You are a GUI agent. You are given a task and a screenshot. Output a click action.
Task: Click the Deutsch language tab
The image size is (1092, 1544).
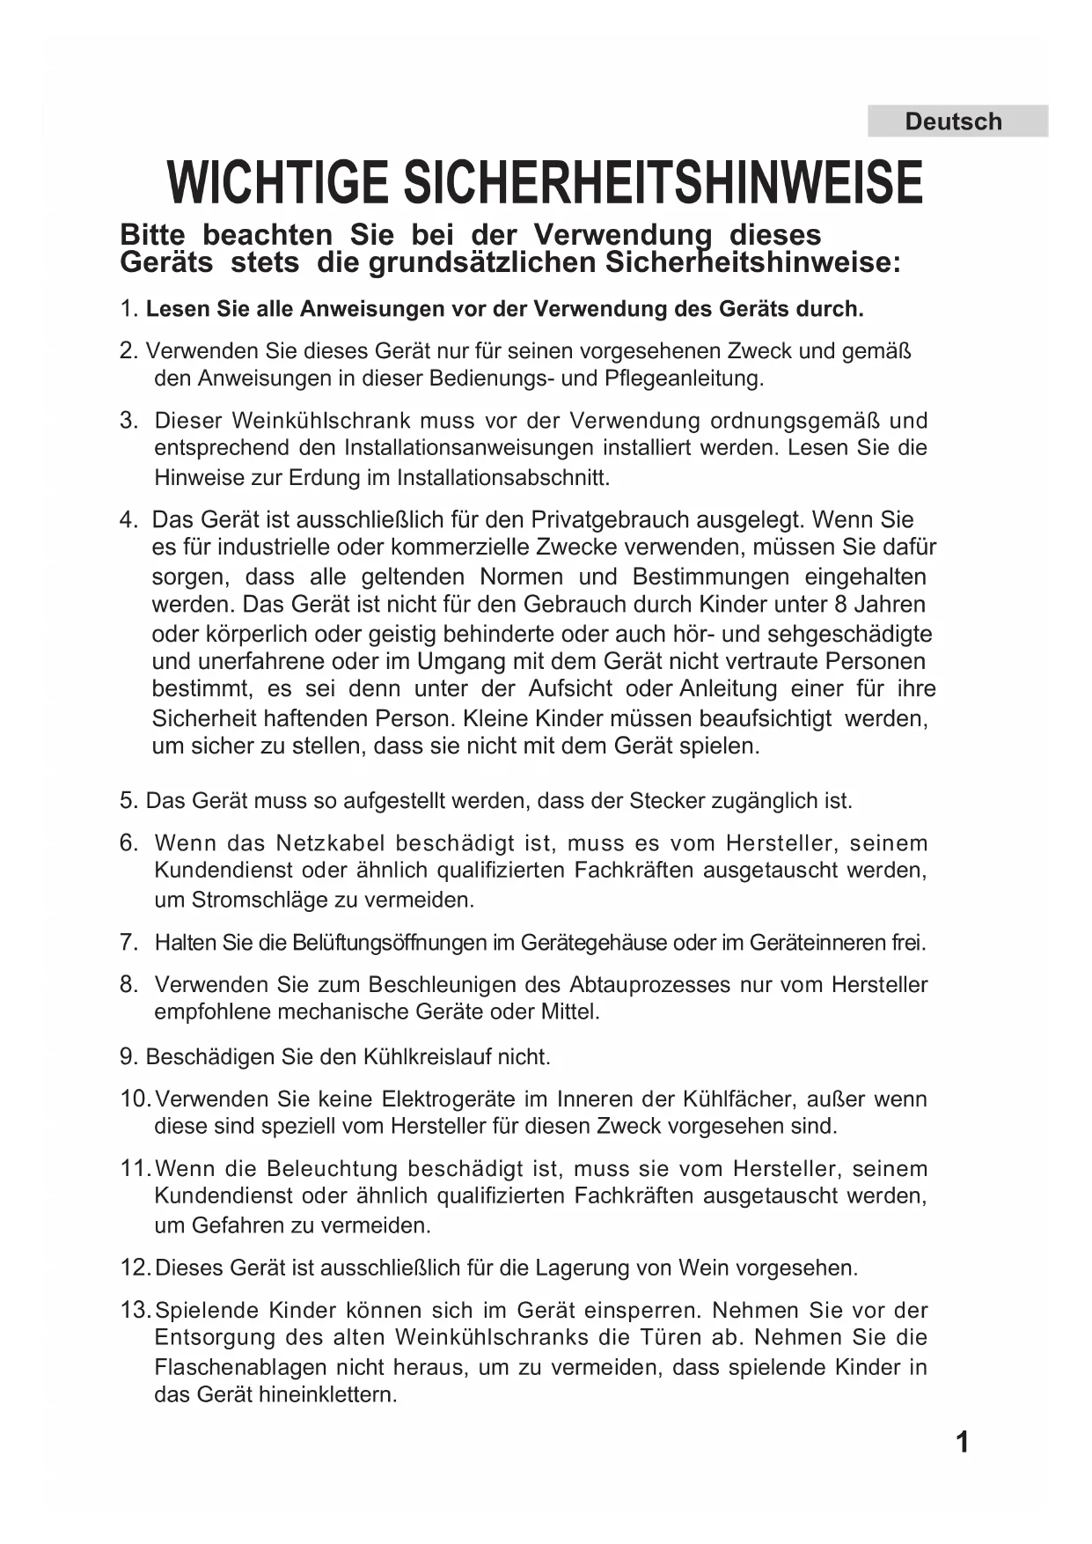(953, 121)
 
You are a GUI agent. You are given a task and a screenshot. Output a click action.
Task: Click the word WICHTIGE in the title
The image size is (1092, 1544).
(279, 183)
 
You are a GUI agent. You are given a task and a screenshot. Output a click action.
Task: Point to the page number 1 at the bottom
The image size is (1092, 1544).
(962, 1442)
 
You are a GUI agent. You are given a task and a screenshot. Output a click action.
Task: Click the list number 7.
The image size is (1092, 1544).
(128, 942)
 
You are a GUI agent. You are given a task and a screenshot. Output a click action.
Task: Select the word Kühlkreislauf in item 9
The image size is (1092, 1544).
(428, 1056)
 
